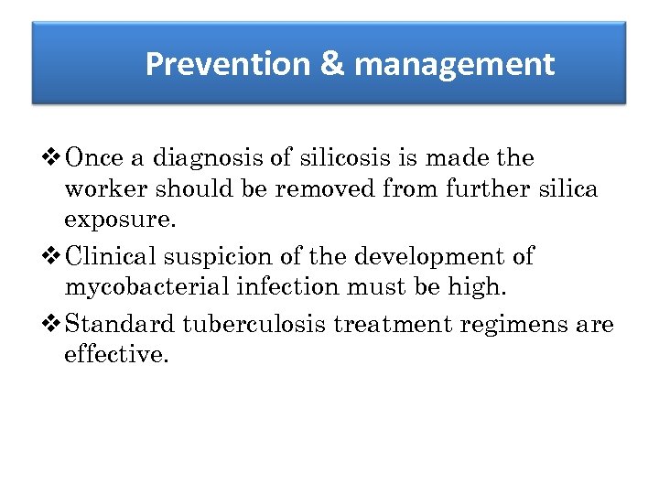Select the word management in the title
click(454, 64)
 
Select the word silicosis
click(336, 158)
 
